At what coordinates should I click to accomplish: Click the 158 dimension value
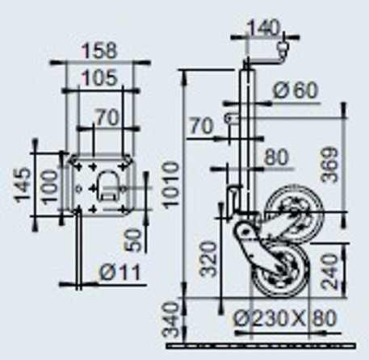pyautogui.click(x=99, y=51)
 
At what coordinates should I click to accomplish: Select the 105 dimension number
pyautogui.click(x=99, y=77)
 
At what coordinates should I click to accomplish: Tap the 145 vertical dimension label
pyautogui.click(x=22, y=185)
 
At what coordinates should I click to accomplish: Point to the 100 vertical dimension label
pyautogui.click(x=50, y=186)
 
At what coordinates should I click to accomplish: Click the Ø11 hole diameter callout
pyautogui.click(x=120, y=273)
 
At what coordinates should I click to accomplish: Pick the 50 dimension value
pyautogui.click(x=133, y=240)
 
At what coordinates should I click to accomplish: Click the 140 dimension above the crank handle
pyautogui.click(x=263, y=27)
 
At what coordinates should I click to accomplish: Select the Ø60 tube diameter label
pyautogui.click(x=296, y=90)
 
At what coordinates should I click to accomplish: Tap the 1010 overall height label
pyautogui.click(x=170, y=185)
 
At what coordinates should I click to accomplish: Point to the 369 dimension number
pyautogui.click(x=330, y=165)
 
